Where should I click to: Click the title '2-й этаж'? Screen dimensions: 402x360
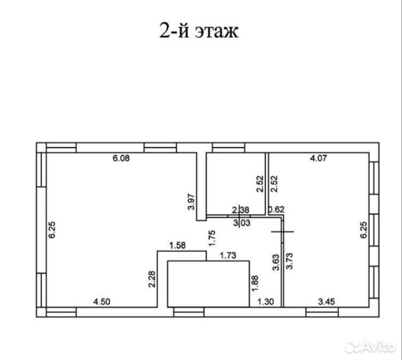[x=199, y=30]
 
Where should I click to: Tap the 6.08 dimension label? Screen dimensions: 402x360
[x=121, y=158]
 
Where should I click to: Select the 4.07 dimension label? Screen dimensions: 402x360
[x=318, y=158]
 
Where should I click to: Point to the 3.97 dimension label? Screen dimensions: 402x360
[x=192, y=202]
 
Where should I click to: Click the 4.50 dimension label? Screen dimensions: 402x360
[x=102, y=302]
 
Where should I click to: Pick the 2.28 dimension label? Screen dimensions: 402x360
[x=152, y=279]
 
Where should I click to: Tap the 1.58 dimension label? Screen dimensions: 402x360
[x=178, y=245]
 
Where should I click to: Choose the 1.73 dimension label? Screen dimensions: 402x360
[x=228, y=255]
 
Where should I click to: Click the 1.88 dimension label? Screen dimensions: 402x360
[x=255, y=283]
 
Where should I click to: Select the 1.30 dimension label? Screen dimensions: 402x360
[x=266, y=302]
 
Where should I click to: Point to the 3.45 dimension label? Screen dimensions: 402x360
[x=326, y=302]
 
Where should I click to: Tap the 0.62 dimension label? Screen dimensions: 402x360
[x=277, y=209]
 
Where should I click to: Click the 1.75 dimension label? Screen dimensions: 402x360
[x=212, y=238]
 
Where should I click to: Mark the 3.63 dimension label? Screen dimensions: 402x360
[x=276, y=262]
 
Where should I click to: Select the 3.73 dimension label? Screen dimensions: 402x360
[x=289, y=261]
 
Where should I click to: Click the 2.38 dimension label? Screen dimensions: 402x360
[x=241, y=210]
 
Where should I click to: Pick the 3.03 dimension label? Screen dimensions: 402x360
[x=242, y=223]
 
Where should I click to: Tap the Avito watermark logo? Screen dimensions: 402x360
[x=370, y=347]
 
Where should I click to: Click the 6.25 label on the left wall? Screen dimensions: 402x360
[x=52, y=230]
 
